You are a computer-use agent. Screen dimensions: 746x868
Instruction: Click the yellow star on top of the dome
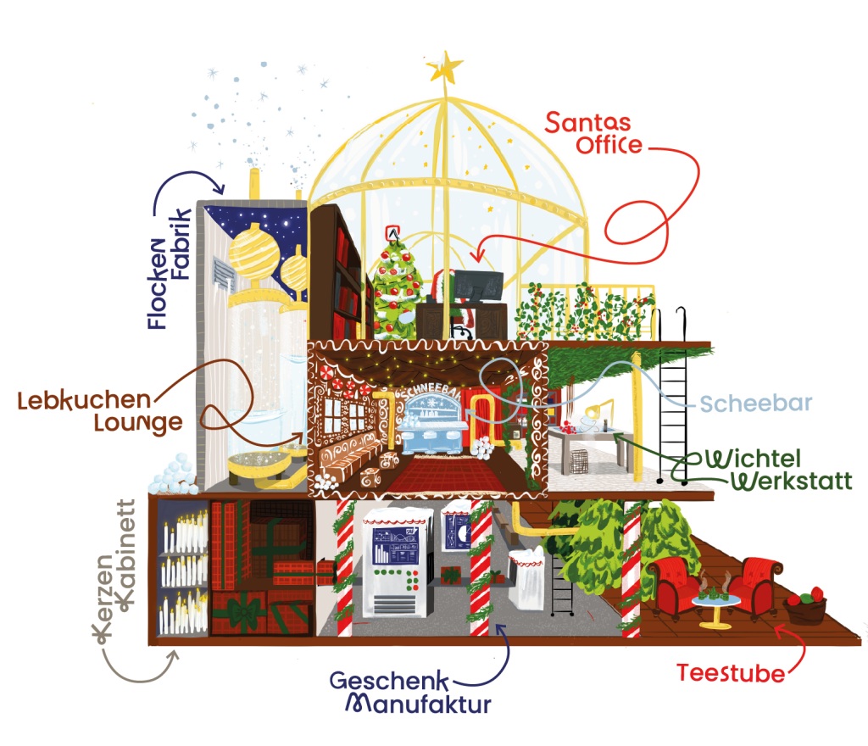447,66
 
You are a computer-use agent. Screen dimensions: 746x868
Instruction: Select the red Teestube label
731,674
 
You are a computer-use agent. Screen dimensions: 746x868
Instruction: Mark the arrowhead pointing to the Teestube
781,632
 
